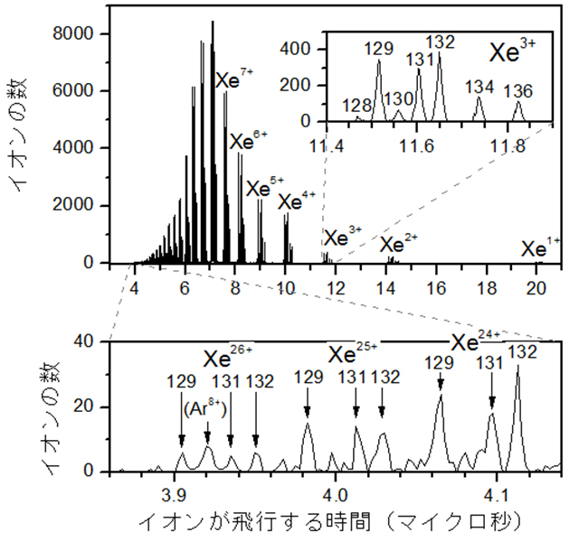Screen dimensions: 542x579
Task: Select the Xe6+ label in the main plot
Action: [248, 140]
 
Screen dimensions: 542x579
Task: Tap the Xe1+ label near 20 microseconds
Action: [541, 245]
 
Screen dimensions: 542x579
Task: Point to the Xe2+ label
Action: [398, 243]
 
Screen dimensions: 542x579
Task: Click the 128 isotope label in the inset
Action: [357, 106]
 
